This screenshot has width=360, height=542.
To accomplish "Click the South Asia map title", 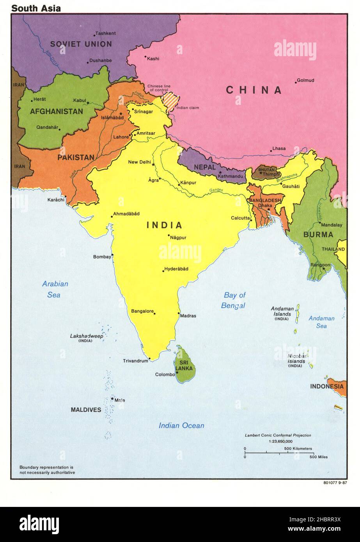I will click(x=36, y=8).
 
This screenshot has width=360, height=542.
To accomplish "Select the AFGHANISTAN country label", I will click(x=57, y=112).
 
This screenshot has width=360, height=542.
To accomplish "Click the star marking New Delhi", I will click(x=153, y=165).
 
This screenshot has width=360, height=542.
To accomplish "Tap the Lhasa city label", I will click(x=279, y=149).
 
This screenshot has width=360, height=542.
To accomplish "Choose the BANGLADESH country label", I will click(x=265, y=200).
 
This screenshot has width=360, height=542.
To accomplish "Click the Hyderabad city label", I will click(x=176, y=269).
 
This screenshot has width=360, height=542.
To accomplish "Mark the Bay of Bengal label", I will click(x=234, y=300).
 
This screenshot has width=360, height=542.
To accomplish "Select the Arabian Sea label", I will click(x=55, y=289).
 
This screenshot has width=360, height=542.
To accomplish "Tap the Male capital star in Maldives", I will click(x=112, y=399).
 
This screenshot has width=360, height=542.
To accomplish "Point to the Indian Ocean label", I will click(x=181, y=425).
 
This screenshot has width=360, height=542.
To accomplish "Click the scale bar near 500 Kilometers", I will click(x=278, y=453).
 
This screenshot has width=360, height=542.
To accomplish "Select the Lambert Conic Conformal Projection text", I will click(x=278, y=435).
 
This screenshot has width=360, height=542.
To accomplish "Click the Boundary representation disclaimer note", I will click(x=47, y=469).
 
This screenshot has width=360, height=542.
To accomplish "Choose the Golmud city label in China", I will click(x=305, y=80).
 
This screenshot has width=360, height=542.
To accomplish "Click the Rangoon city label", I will click(x=320, y=265).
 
